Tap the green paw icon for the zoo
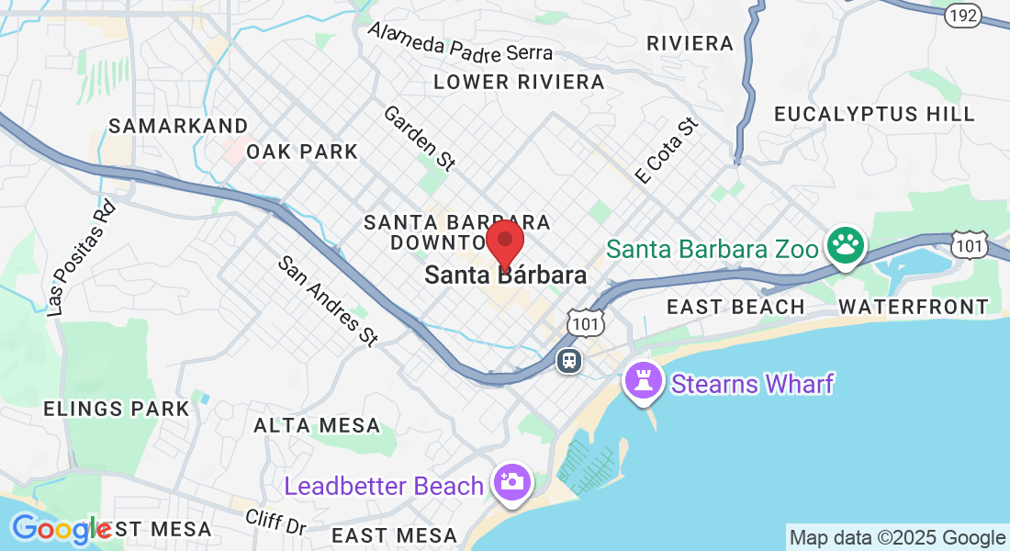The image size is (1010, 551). pyautogui.click(x=846, y=245)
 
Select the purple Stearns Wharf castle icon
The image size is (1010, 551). pyautogui.click(x=644, y=380)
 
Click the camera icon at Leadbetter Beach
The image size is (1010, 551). pyautogui.click(x=511, y=481)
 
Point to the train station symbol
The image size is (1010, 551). pyautogui.click(x=569, y=360)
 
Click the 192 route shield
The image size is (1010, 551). pyautogui.click(x=964, y=15)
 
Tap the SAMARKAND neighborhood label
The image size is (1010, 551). pyautogui.click(x=178, y=126)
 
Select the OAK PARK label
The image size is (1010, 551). pyautogui.click(x=302, y=152)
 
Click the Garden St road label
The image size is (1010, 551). pyautogui.click(x=420, y=138)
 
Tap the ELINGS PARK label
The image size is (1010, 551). pyautogui.click(x=117, y=408)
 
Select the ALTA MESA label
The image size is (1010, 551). pyautogui.click(x=317, y=425)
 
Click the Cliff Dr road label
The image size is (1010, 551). pyautogui.click(x=275, y=523)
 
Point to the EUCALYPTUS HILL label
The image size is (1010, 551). pyautogui.click(x=874, y=114)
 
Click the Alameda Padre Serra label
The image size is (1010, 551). pyautogui.click(x=460, y=41)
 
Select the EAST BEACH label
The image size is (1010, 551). pyautogui.click(x=735, y=307)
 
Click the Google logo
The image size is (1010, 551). pyautogui.click(x=61, y=529)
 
